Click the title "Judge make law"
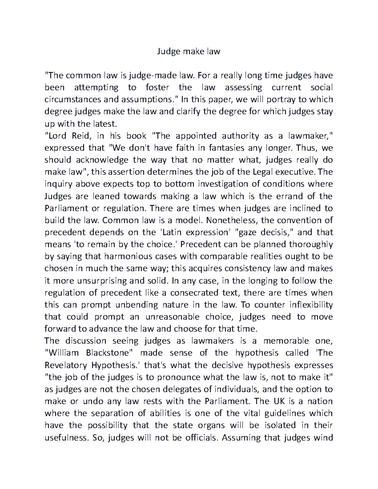tap(189, 51)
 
